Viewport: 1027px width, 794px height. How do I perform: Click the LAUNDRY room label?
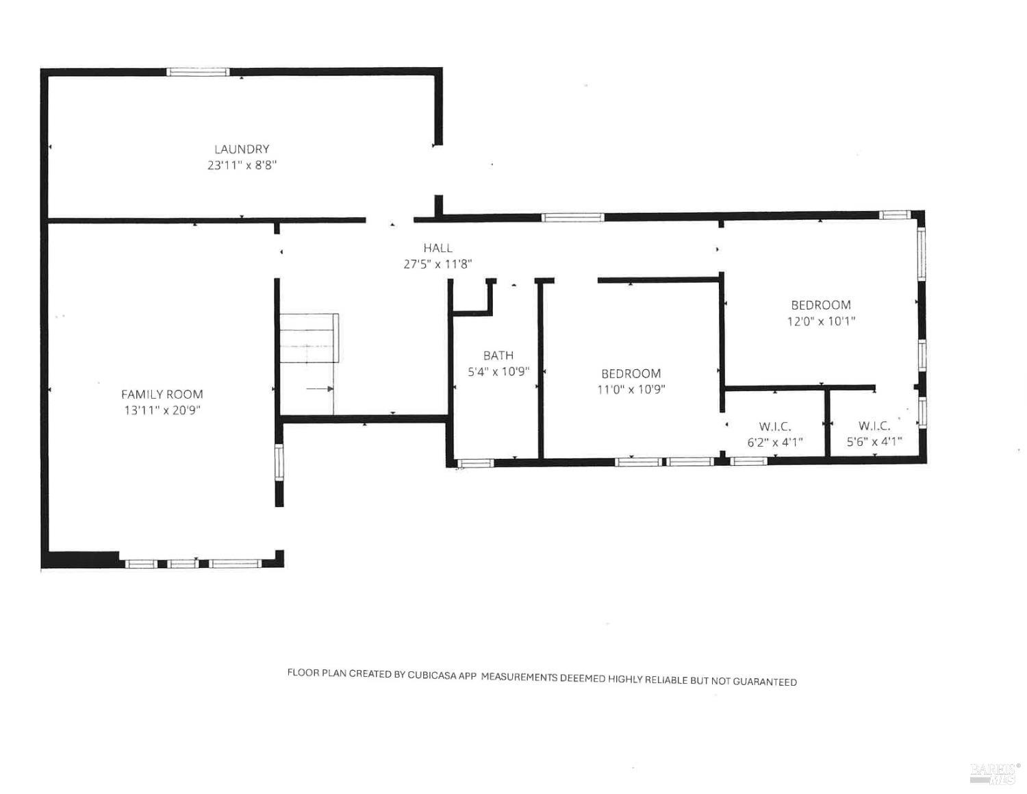pyautogui.click(x=242, y=149)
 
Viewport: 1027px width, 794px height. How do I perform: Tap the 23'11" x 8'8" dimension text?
pyautogui.click(x=242, y=165)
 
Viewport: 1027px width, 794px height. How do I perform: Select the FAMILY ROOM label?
pyautogui.click(x=162, y=394)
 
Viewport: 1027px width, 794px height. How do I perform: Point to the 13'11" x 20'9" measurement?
pyautogui.click(x=162, y=410)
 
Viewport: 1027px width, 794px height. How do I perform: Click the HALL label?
pyautogui.click(x=438, y=248)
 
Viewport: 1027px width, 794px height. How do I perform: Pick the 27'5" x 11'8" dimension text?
pyautogui.click(x=438, y=264)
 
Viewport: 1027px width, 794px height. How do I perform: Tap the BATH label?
pyautogui.click(x=498, y=355)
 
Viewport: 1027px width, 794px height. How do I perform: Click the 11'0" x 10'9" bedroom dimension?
pyautogui.click(x=631, y=390)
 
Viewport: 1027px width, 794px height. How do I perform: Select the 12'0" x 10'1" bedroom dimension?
pyautogui.click(x=821, y=321)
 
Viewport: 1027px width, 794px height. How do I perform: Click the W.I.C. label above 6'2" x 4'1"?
pyautogui.click(x=775, y=426)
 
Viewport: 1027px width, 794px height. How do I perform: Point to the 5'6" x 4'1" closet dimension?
pyautogui.click(x=874, y=442)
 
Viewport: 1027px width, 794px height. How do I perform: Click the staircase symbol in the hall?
pyautogui.click(x=309, y=339)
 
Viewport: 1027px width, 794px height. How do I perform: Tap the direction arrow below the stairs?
pyautogui.click(x=319, y=389)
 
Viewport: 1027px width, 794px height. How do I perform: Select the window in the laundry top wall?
pyautogui.click(x=198, y=72)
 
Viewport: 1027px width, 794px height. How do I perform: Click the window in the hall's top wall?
pyautogui.click(x=572, y=218)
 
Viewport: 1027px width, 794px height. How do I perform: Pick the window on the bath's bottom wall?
pyautogui.click(x=475, y=463)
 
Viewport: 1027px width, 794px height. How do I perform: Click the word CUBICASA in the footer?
pyautogui.click(x=433, y=674)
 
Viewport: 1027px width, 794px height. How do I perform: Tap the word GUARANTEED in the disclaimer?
pyautogui.click(x=765, y=682)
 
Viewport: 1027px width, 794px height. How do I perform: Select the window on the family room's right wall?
pyautogui.click(x=279, y=462)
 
